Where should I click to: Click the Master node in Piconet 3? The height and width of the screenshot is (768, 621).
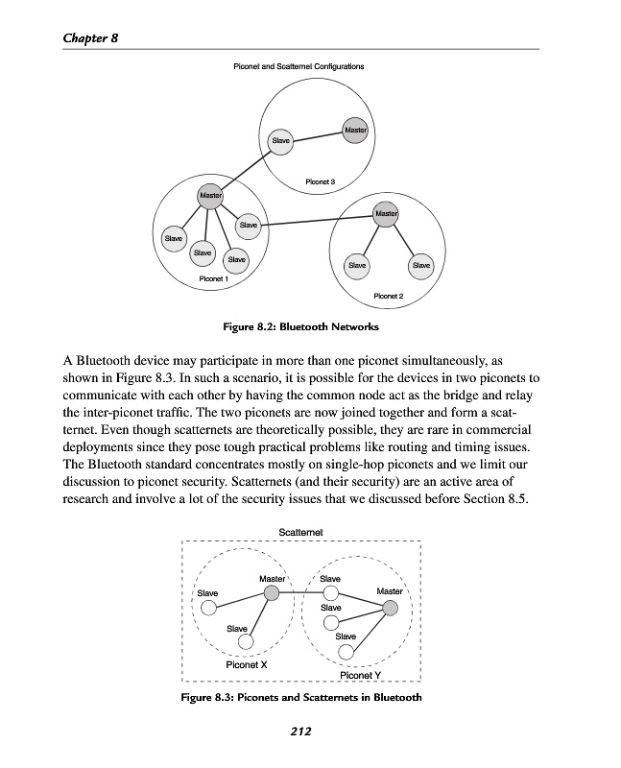tap(355, 130)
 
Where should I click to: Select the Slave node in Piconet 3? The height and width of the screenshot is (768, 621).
tap(281, 140)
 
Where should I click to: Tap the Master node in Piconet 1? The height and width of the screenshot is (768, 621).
tap(209, 197)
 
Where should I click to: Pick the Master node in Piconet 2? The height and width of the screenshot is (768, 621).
tap(386, 213)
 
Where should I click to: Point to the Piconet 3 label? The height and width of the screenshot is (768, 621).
tap(319, 180)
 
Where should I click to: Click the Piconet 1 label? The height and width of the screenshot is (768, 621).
tap(212, 278)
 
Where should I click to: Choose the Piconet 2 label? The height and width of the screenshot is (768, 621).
tap(388, 296)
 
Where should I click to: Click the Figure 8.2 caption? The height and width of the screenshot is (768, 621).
tap(300, 327)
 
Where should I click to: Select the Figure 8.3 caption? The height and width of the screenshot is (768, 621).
tap(301, 697)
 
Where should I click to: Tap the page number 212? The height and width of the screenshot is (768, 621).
tap(301, 732)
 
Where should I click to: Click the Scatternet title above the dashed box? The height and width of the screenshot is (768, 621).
tap(300, 531)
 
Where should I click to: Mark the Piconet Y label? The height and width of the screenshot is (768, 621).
tap(362, 675)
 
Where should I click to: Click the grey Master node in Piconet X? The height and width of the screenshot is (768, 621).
tap(272, 595)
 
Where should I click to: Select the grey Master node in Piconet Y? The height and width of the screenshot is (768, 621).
tap(391, 608)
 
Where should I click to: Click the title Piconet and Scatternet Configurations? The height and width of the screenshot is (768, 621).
tap(299, 66)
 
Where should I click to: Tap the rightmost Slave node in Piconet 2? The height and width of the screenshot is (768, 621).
tap(420, 264)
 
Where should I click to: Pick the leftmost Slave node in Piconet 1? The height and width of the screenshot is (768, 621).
tap(175, 237)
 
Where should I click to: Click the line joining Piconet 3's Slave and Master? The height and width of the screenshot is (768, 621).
tap(319, 135)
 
